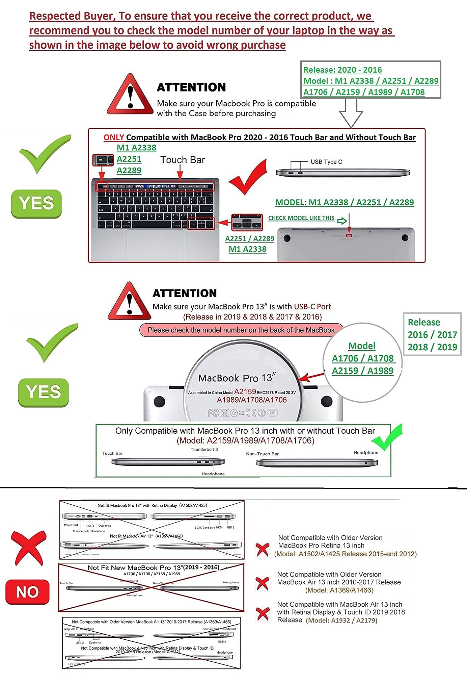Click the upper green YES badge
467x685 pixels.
coord(36,204)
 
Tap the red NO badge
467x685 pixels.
coord(27,592)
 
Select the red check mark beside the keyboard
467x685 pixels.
coord(249,177)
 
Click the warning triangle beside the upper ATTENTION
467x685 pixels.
coord(130,95)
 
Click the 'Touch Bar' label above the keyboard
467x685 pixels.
coord(183,160)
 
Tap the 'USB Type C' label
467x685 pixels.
coord(326,162)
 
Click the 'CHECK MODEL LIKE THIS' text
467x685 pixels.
coord(301,218)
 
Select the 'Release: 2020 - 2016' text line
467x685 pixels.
coord(342,70)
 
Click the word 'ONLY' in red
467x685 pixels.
coord(114,137)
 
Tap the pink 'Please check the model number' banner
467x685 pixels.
coord(241,330)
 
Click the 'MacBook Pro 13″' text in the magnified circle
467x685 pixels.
coord(237,378)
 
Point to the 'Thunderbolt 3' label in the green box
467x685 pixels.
coord(204,450)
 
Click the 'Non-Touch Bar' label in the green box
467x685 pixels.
coord(262,454)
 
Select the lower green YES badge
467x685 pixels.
coord(44,392)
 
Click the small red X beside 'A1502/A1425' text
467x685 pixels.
coord(263,550)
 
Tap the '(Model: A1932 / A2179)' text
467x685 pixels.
coord(341,620)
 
